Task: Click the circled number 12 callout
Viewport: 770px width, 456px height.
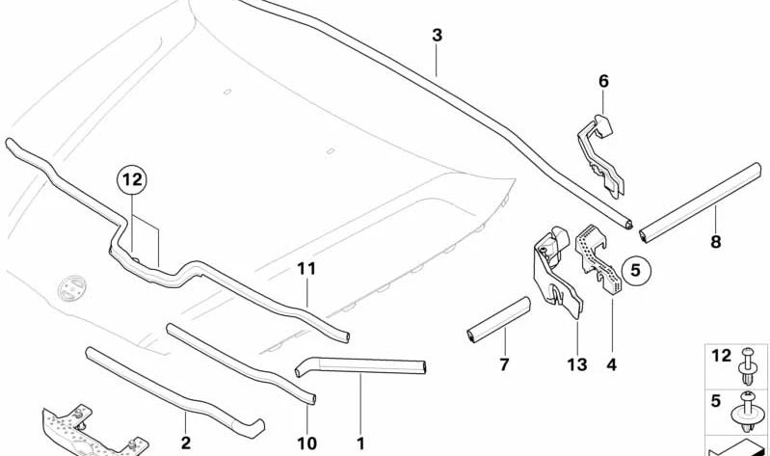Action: (x=132, y=178)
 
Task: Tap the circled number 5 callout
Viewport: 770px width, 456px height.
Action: (x=635, y=271)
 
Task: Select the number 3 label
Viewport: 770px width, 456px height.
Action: (x=437, y=35)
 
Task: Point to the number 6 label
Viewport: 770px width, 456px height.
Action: (x=603, y=81)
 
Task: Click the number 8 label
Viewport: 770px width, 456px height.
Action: (x=715, y=242)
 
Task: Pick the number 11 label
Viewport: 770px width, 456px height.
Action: (x=306, y=270)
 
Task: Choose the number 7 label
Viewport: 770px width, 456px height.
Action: (x=504, y=364)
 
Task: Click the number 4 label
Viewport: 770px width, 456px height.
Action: (x=611, y=364)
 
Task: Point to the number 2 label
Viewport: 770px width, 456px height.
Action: (x=186, y=443)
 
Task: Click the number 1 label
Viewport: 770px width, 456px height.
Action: (x=360, y=443)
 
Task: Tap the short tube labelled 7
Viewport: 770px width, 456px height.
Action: (x=497, y=318)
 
